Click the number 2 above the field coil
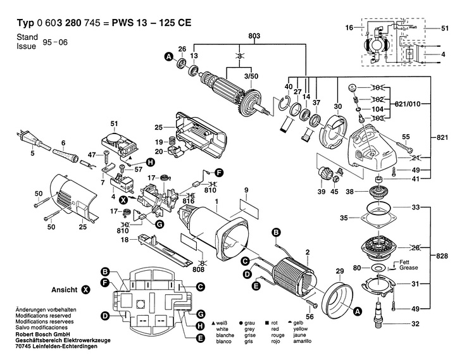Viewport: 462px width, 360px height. (x=308, y=252)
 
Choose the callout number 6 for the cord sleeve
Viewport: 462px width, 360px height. (x=63, y=142)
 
